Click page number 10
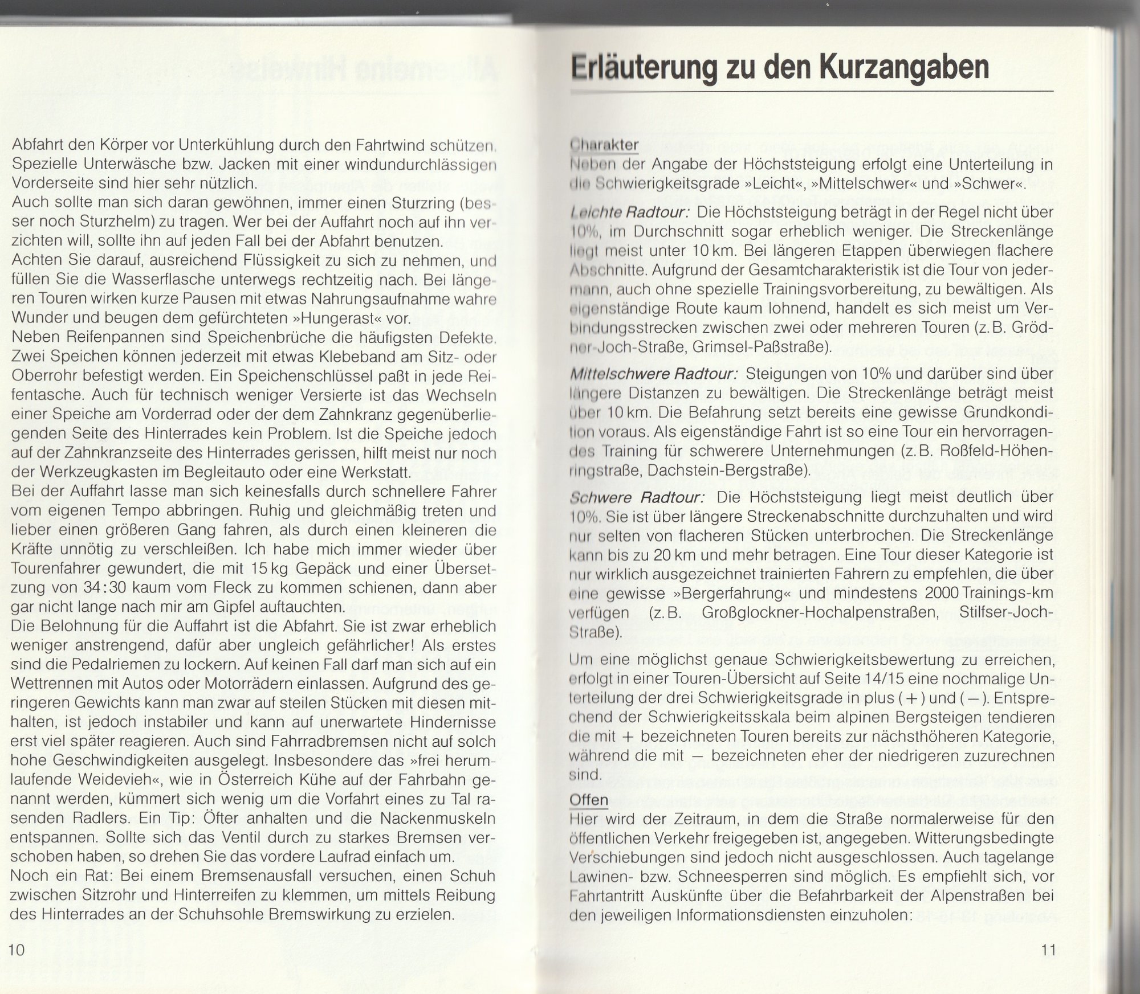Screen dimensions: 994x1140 point(18,950)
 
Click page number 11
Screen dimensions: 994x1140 point(1048,950)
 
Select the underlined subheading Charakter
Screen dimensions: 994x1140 point(604,145)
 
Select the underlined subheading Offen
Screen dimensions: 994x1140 point(589,800)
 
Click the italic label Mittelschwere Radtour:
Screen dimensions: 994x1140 point(654,374)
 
